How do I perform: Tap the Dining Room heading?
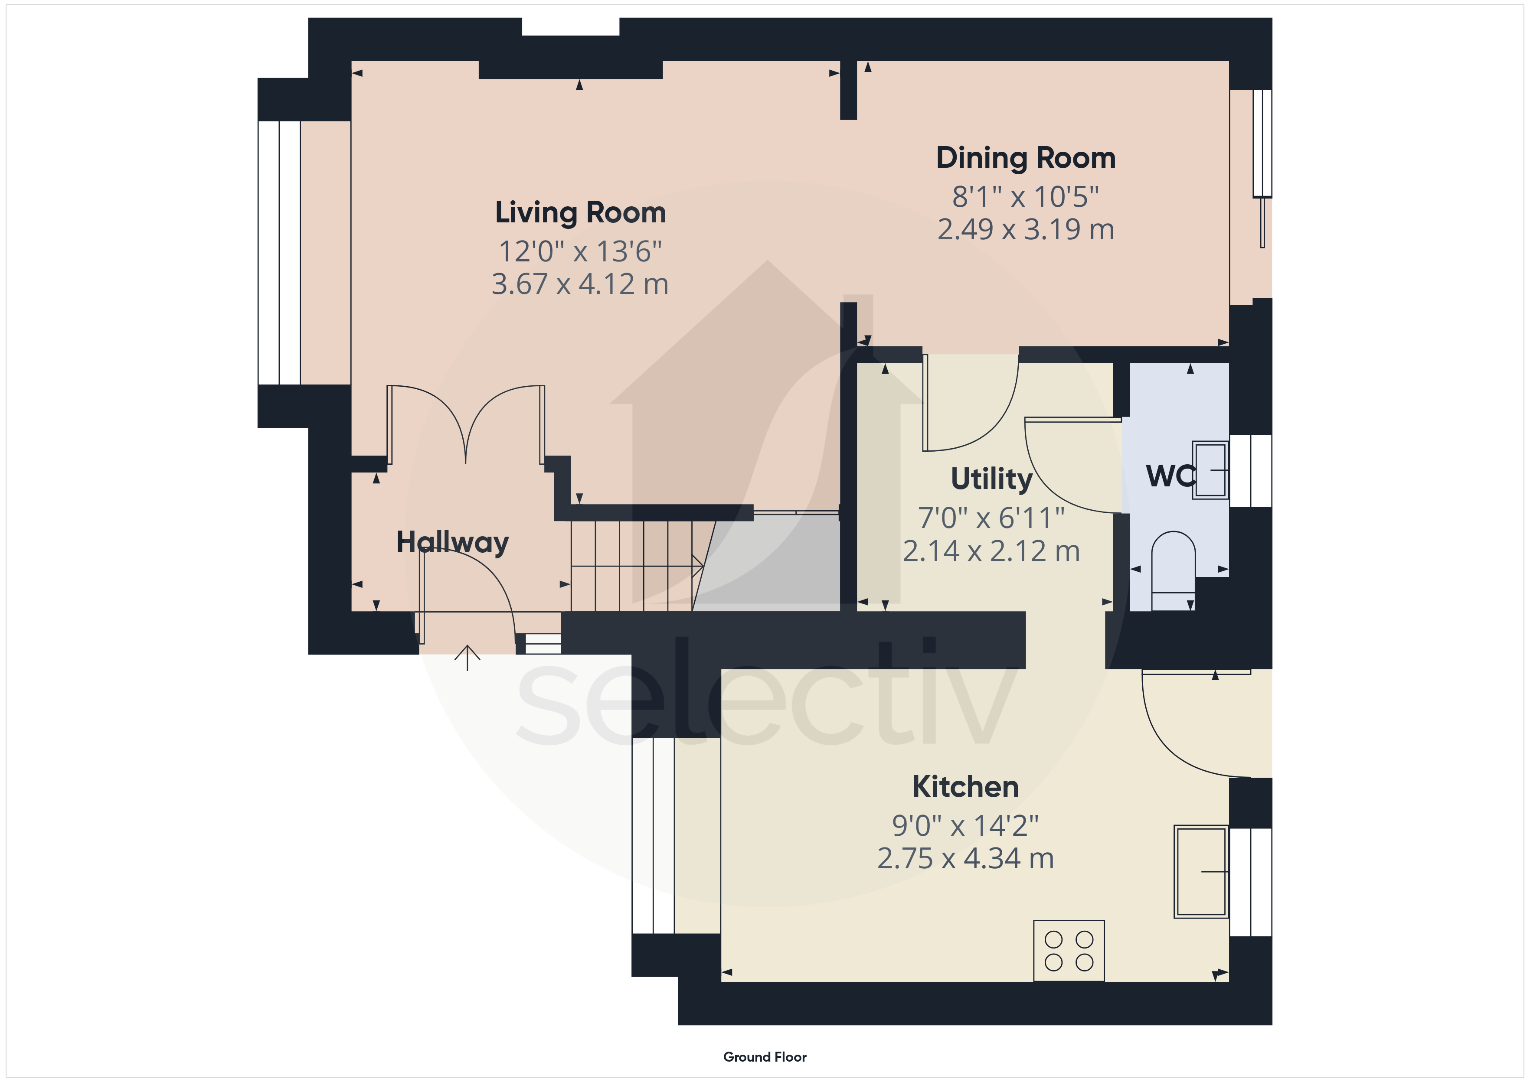coord(1026,158)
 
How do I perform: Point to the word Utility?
coord(991,479)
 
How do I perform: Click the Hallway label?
coord(452,542)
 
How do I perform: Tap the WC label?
coord(1170,476)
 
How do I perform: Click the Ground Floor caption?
coord(765,1057)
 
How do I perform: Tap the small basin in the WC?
coord(1210,470)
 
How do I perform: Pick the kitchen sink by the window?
coord(1201,871)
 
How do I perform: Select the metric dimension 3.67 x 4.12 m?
coord(580,284)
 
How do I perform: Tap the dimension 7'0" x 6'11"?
coord(991,518)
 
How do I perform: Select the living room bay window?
coord(279,253)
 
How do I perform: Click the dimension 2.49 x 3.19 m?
coord(1026,230)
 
